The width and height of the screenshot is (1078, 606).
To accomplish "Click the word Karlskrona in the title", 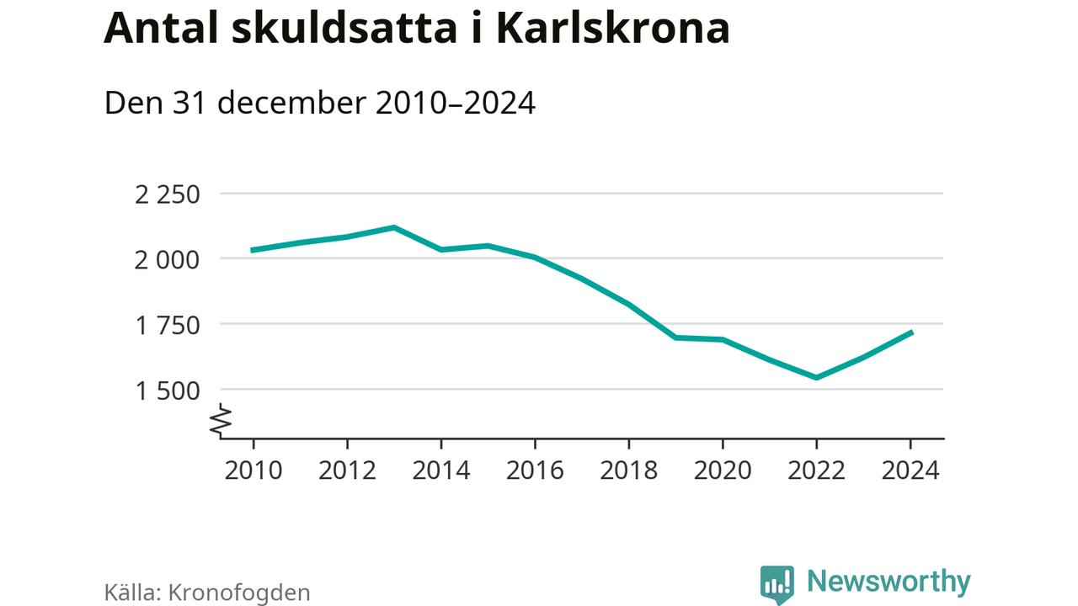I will pos(611,29).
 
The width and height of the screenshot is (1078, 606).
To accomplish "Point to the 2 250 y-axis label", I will pos(168,194).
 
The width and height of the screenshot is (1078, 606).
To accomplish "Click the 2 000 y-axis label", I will pos(168,259).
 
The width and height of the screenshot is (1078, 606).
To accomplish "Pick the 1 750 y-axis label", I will pos(168,325).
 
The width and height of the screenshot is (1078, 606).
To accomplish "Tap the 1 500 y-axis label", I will pos(168,390).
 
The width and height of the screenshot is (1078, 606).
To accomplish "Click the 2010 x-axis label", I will pos(253,470).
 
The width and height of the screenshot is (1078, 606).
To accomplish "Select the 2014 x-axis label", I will pos(441,470).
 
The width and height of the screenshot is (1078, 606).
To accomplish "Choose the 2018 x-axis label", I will pos(628,470).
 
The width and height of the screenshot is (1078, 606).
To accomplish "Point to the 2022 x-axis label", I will pos(816,470).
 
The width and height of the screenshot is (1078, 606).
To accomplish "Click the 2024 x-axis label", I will pos(910,470).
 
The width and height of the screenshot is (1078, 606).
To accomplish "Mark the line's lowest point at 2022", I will pos(816,377).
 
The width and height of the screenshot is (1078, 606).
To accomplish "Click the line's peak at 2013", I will pos(394,227).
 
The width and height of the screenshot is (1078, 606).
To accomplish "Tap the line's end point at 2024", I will pos(910,332).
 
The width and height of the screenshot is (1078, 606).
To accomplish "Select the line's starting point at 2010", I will pos(253,250).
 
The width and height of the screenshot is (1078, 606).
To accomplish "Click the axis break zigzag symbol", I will pos(221,420).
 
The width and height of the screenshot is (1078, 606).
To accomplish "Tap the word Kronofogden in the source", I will pos(239,592).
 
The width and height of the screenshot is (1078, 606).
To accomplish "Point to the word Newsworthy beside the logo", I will pos(889,582).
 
